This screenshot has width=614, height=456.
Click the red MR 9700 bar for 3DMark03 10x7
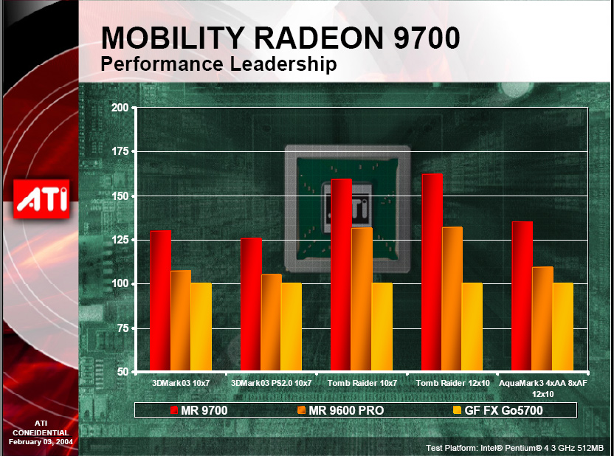pyautogui.click(x=160, y=300)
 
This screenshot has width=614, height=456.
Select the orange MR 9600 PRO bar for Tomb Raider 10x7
pyautogui.click(x=361, y=299)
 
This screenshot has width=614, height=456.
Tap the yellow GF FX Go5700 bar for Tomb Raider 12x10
pyautogui.click(x=472, y=326)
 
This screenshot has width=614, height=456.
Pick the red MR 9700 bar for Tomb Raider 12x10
pyautogui.click(x=432, y=272)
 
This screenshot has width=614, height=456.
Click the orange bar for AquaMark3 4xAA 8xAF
pyautogui.click(x=542, y=319)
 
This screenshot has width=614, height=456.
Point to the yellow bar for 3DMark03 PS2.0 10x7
pyautogui.click(x=292, y=326)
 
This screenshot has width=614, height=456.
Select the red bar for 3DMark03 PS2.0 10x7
pyautogui.click(x=251, y=304)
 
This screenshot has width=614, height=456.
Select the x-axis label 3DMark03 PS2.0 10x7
pyautogui.click(x=272, y=384)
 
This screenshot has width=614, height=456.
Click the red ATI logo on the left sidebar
pyautogui.click(x=41, y=198)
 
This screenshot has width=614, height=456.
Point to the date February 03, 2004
pyautogui.click(x=41, y=441)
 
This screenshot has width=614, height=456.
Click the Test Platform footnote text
pyautogui.click(x=514, y=448)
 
